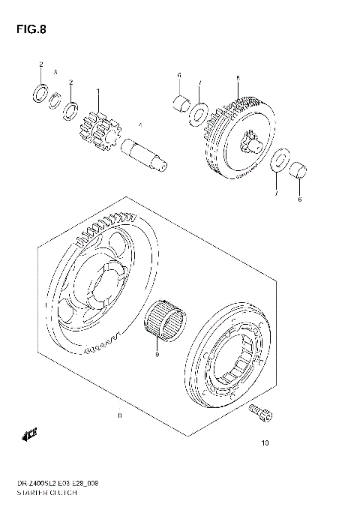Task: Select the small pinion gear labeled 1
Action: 97,128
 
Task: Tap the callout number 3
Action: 55,72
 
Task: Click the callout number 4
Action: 139,124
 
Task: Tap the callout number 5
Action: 237,78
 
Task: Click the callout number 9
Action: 157,356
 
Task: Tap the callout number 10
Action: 264,443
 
